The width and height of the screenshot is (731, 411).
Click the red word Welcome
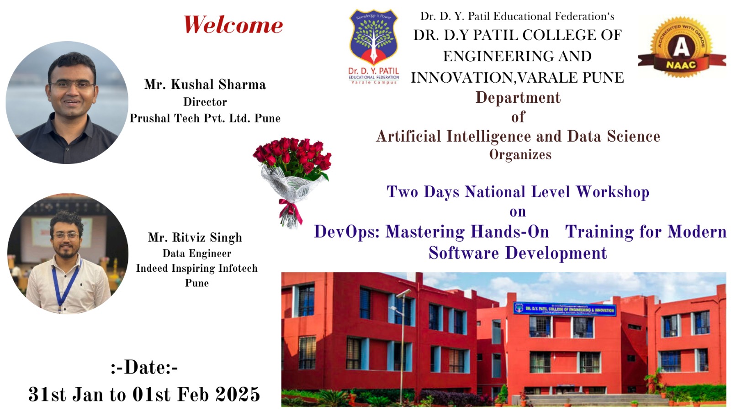point(233,25)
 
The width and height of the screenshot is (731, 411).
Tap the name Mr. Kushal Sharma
point(205,84)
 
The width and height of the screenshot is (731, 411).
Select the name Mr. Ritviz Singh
point(195,237)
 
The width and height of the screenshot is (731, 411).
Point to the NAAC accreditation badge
point(681,47)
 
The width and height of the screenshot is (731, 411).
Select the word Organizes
point(520,155)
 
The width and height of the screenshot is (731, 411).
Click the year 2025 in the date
point(238,395)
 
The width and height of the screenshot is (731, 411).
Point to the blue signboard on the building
point(565,309)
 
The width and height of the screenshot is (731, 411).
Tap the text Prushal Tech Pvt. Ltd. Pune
point(205,118)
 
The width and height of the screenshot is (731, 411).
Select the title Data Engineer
point(197,253)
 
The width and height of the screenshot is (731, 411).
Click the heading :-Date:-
point(144,367)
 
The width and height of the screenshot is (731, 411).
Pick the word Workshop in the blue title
point(612,192)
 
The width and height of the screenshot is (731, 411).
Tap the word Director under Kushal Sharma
point(205,102)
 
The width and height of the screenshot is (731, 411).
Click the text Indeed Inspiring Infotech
point(197,268)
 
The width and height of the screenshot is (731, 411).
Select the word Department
point(518,97)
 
